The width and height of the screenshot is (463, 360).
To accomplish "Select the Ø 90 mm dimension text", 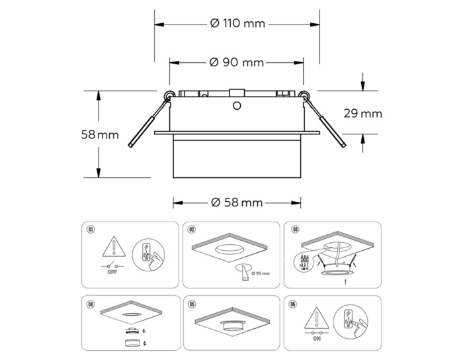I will pyautogui.click(x=237, y=63).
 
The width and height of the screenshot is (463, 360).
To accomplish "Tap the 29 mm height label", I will pyautogui.click(x=362, y=113).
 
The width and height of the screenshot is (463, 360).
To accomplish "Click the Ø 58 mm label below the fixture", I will pyautogui.click(x=237, y=202).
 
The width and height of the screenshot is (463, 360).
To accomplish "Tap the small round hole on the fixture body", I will pyautogui.click(x=236, y=105).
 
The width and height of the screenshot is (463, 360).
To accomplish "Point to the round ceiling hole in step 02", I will pyautogui.click(x=230, y=249).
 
